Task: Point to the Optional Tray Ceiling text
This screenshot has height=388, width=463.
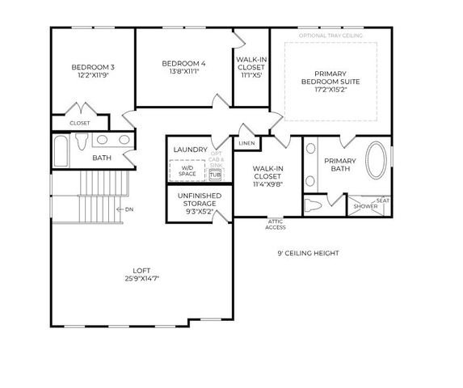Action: coord(330,36)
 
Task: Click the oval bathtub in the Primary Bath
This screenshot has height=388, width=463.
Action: coord(376,161)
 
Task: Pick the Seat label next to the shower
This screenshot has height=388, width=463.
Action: coord(384,200)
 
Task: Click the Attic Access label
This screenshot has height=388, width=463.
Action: coord(276,225)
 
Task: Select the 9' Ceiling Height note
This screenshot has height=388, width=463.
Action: coord(307,253)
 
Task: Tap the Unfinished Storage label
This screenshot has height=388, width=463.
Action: coord(199,199)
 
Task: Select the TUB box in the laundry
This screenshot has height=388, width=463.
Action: coord(215,174)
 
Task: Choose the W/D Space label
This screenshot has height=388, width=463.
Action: coord(187,170)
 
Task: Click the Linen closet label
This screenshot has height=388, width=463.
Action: coord(245,144)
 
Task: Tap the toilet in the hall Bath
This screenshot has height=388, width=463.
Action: coord(80,142)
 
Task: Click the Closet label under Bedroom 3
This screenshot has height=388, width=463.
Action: coord(79,123)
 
